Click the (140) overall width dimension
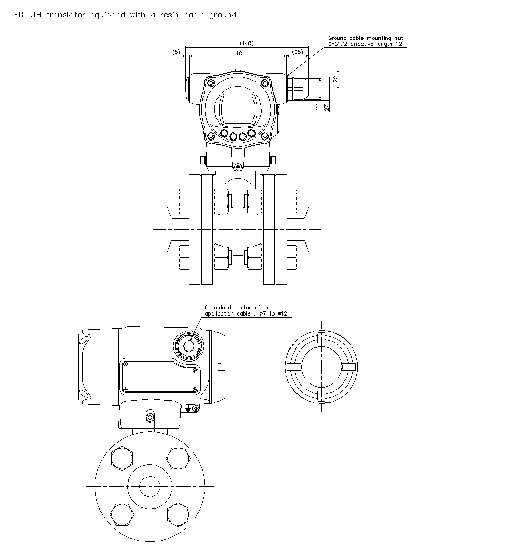[246, 43]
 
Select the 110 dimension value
[237, 53]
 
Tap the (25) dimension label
[298, 52]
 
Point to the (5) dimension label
[176, 52]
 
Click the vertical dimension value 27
[327, 106]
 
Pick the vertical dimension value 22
[335, 79]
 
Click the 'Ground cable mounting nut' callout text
[366, 38]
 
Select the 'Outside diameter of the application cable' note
[238, 307]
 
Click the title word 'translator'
[66, 15]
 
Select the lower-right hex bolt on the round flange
[178, 514]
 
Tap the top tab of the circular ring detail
[321, 338]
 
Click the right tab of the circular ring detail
[349, 366]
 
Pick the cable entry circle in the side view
[189, 345]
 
